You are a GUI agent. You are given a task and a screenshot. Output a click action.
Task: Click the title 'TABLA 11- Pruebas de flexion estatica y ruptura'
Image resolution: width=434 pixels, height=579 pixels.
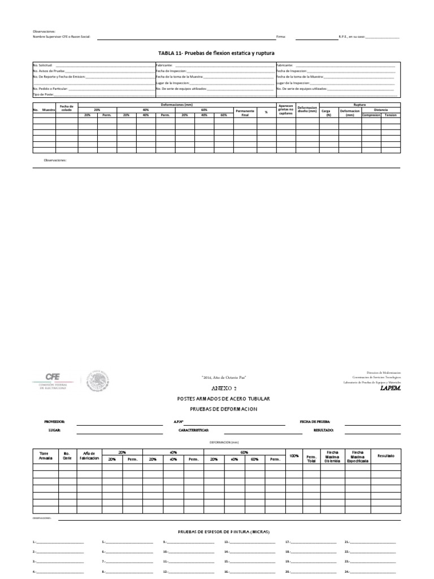click(216, 52)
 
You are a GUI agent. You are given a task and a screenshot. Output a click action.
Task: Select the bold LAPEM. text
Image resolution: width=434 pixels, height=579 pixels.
click(390, 388)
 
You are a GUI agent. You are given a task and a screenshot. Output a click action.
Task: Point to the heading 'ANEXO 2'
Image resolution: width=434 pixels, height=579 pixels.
click(217, 389)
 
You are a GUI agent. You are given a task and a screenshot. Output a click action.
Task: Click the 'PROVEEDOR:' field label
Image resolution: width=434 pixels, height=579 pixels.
click(55, 422)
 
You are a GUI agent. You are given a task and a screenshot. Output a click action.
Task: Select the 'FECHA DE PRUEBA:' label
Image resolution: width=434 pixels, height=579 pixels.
click(315, 422)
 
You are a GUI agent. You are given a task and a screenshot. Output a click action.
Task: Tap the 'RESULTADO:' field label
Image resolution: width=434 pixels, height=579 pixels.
click(323, 430)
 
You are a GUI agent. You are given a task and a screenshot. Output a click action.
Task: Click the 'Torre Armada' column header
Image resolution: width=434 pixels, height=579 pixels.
click(45, 456)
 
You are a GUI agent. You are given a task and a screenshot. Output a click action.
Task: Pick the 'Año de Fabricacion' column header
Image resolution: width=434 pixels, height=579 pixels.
click(89, 456)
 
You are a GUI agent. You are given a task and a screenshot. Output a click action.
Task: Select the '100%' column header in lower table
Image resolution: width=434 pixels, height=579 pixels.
click(294, 455)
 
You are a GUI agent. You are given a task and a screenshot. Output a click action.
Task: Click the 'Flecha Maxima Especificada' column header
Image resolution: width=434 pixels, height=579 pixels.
click(357, 456)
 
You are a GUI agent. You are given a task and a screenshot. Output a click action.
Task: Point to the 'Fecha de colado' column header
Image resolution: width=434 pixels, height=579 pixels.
click(67, 108)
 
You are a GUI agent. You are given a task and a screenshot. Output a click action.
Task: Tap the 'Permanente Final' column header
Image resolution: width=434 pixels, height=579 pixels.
click(245, 113)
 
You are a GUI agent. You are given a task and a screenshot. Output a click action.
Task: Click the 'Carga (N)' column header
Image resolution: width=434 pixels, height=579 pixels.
click(326, 113)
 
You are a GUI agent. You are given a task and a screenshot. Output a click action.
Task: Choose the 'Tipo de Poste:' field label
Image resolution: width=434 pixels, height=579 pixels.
click(43, 94)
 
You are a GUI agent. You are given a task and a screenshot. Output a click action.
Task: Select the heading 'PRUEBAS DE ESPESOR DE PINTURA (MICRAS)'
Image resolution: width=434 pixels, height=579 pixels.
click(224, 532)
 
